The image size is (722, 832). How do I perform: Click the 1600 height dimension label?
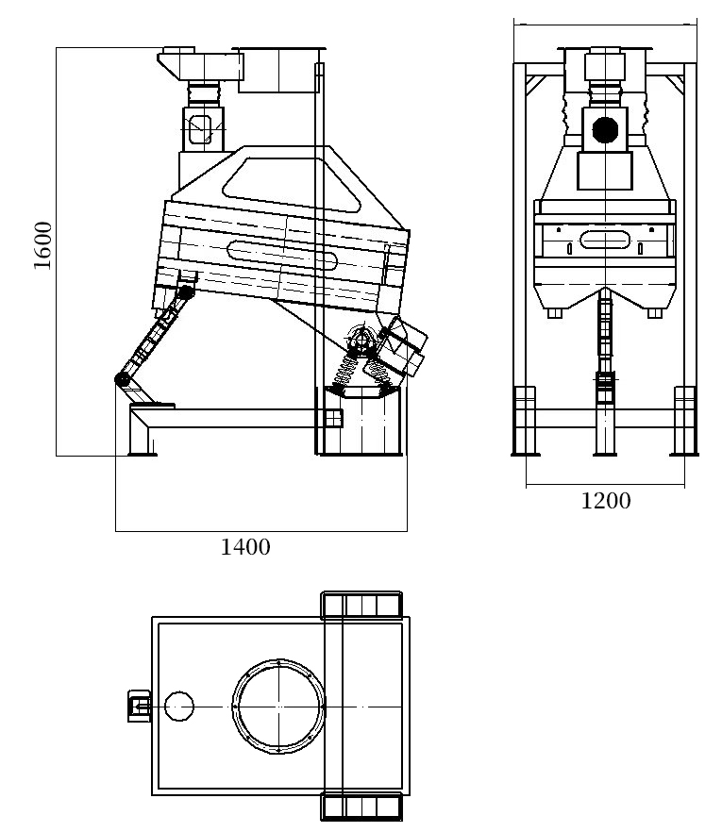click(x=43, y=245)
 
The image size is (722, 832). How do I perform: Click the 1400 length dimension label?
click(x=245, y=547)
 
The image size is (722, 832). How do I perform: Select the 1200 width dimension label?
click(x=606, y=501)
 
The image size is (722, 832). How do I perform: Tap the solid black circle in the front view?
click(x=605, y=130)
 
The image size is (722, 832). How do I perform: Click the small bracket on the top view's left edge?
click(x=140, y=706)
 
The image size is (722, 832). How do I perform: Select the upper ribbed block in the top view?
click(x=361, y=605)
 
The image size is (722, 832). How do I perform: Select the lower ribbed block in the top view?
click(x=361, y=807)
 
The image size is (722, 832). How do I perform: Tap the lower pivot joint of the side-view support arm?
click(x=123, y=379)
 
